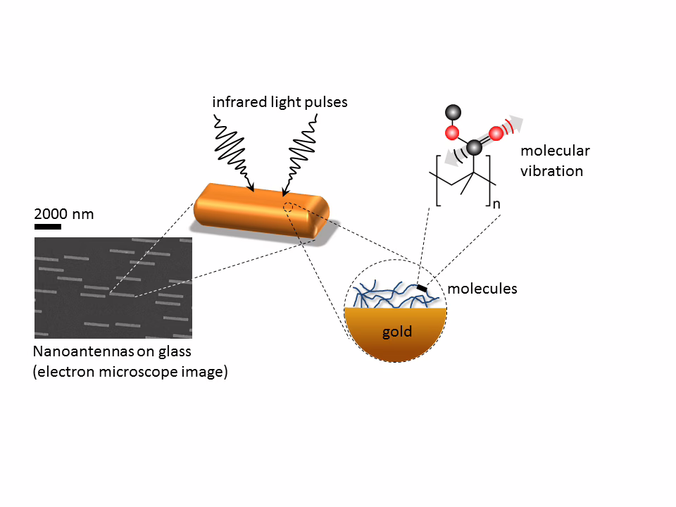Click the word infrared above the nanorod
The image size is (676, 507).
pos(239,102)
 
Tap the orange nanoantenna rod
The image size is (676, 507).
pos(261,211)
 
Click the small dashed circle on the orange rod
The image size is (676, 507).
pos(287,207)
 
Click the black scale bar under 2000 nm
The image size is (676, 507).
pos(47,226)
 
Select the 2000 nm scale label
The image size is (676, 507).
pos(64,214)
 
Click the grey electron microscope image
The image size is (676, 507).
pos(113,287)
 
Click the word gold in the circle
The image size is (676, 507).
pos(397,332)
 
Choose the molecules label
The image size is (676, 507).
pos(482,289)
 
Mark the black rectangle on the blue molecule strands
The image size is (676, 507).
pos(422,287)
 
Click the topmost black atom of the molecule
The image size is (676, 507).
pos(453,113)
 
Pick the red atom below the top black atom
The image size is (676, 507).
pos(452,133)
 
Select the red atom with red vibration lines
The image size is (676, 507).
pos(496,133)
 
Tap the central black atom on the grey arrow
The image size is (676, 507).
pos(474,148)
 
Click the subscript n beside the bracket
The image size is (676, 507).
pos(496,204)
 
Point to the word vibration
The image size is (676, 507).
pos(551,171)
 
